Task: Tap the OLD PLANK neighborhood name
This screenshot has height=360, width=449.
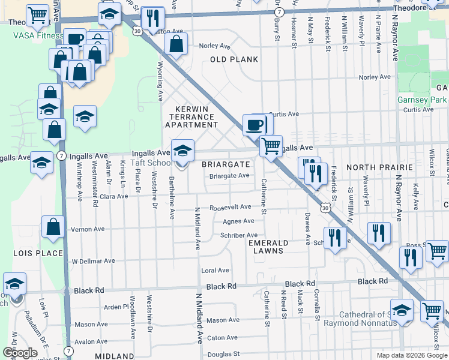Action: point(234,59)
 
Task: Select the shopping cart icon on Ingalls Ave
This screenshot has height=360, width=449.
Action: point(271,145)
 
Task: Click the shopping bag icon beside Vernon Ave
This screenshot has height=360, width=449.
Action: point(53,227)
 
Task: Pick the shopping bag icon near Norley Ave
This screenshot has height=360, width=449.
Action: point(176,43)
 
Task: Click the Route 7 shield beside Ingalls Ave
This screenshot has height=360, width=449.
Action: point(62,155)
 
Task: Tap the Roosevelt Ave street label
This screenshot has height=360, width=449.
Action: point(230,208)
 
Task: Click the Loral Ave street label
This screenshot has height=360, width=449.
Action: point(215,271)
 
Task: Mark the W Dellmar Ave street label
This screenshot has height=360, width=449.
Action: point(93,261)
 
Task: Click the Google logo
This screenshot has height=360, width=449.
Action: point(20,353)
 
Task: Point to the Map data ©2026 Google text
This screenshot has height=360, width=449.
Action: point(411,355)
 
